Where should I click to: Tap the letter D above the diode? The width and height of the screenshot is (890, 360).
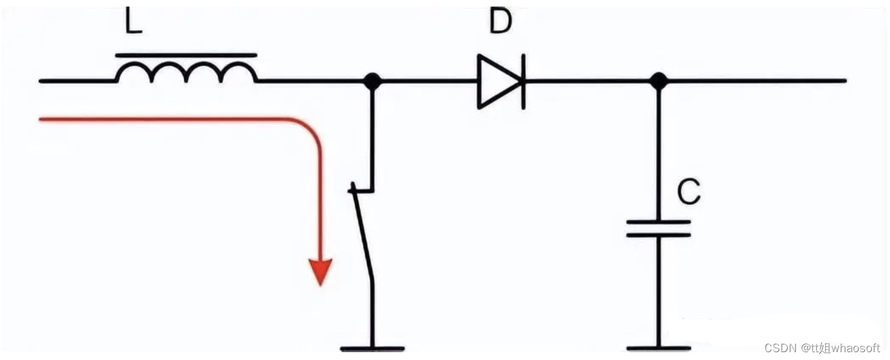pos(500,21)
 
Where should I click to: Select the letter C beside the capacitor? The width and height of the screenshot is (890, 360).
pos(688,192)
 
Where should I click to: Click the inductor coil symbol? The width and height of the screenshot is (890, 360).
pos(187,72)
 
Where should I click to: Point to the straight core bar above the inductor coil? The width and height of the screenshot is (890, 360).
pos(187,55)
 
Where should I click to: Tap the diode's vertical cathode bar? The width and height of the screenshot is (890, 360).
pos(524,82)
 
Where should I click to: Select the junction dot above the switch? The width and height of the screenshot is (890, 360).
pos(372,81)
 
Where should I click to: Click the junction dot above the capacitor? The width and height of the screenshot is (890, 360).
pos(658,81)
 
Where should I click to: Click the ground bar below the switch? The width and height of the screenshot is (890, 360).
pos(372,349)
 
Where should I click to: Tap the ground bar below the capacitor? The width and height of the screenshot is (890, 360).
pos(658,349)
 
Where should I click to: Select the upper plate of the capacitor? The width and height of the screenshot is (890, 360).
pos(658,222)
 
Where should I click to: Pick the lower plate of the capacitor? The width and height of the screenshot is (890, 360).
pos(658,235)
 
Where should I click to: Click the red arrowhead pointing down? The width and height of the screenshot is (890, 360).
pos(321,272)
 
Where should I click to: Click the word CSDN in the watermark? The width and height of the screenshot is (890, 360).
pos(780,348)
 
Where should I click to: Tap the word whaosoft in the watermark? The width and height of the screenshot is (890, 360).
pos(855,348)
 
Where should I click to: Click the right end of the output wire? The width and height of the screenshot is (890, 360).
pos(845,81)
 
